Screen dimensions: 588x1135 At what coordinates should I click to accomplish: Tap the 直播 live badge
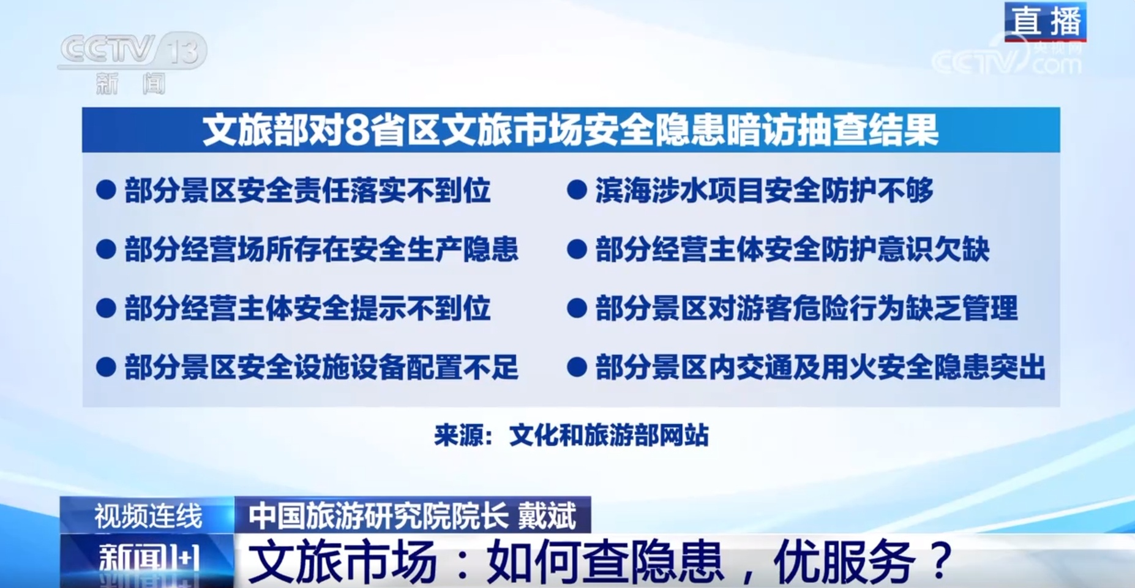(1046, 21)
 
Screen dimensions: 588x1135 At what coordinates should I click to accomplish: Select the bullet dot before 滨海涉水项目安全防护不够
(577, 190)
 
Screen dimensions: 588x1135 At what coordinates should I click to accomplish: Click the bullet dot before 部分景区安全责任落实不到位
(106, 190)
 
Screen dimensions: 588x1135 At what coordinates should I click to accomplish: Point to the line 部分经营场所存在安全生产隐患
(321, 249)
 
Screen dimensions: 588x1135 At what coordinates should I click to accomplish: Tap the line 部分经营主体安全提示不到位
(307, 308)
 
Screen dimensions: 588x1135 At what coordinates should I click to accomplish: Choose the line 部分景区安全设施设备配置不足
(321, 367)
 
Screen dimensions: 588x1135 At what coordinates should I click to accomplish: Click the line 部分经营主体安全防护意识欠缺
(792, 249)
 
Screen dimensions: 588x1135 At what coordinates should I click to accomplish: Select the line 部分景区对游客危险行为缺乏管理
(806, 308)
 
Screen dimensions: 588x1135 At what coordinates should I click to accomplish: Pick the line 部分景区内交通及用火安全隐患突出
(820, 367)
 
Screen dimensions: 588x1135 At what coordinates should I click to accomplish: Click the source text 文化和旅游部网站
(609, 435)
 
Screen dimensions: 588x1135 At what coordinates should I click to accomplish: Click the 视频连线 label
(148, 516)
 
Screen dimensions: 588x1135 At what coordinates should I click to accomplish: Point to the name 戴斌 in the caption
(547, 516)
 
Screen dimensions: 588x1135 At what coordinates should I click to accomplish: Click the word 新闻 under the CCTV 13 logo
(130, 83)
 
